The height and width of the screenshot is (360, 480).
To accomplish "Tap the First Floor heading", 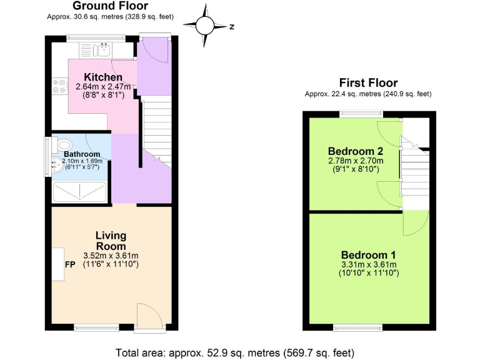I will (368, 82).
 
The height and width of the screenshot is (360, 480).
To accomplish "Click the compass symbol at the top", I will (206, 26).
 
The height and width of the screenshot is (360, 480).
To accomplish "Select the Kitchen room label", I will (103, 77).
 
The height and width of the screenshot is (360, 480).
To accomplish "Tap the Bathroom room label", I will (82, 154).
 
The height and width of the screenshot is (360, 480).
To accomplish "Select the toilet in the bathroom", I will (66, 143).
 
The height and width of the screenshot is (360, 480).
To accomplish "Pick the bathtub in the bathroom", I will (80, 192).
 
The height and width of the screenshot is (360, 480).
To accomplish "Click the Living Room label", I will (111, 241).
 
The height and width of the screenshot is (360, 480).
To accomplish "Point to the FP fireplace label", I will (70, 264).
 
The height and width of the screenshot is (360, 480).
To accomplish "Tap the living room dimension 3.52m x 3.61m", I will (111, 255).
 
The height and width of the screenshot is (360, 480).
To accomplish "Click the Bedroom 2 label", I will (355, 151).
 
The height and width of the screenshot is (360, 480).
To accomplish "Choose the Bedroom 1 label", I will (368, 255).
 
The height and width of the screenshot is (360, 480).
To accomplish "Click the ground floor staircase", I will (157, 131).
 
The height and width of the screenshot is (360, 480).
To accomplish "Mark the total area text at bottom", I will (239, 351).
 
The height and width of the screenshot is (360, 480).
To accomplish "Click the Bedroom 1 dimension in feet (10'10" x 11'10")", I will (368, 273).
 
